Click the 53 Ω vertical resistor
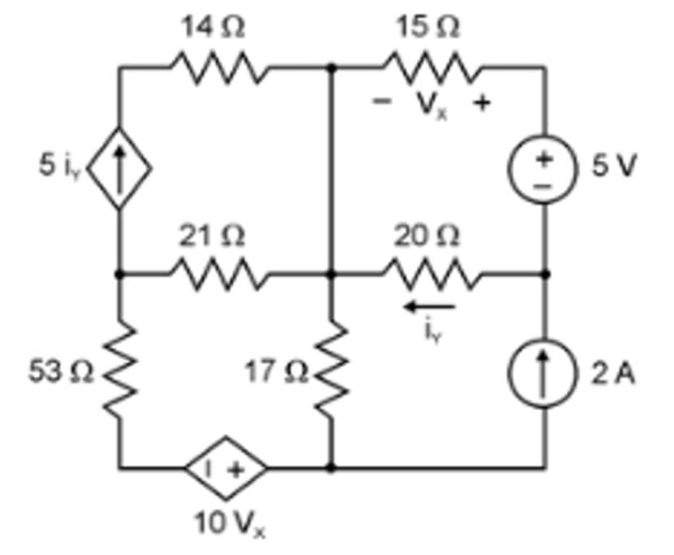click(x=120, y=371)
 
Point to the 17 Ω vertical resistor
click(x=331, y=371)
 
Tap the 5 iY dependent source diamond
click(x=120, y=168)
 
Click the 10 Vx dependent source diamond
click(x=225, y=468)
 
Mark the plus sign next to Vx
click(x=481, y=103)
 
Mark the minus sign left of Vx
click(x=378, y=103)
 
